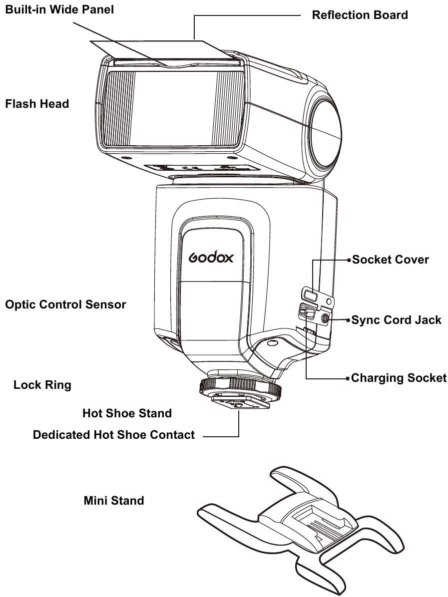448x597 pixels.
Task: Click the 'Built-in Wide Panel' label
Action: click(x=59, y=9)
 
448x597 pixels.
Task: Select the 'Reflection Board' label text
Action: click(x=360, y=15)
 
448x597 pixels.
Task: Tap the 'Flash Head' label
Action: click(x=37, y=104)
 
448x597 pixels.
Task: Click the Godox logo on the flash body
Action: click(x=211, y=258)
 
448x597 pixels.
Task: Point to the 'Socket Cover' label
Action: click(x=390, y=260)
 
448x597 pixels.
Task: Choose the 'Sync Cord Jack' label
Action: click(x=396, y=319)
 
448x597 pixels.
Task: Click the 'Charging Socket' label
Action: click(x=399, y=378)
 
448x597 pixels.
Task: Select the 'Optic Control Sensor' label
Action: click(x=65, y=304)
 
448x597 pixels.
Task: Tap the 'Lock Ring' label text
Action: click(x=42, y=385)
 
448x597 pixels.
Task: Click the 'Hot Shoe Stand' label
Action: click(x=127, y=413)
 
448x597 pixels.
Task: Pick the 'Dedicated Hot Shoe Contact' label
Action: click(x=114, y=435)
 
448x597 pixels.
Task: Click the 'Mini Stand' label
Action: click(x=114, y=500)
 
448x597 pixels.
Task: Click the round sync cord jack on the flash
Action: click(x=325, y=318)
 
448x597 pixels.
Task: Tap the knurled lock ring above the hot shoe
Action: click(x=239, y=385)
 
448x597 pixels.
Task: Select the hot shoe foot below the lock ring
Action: click(x=239, y=402)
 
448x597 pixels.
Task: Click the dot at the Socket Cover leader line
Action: click(x=349, y=260)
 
